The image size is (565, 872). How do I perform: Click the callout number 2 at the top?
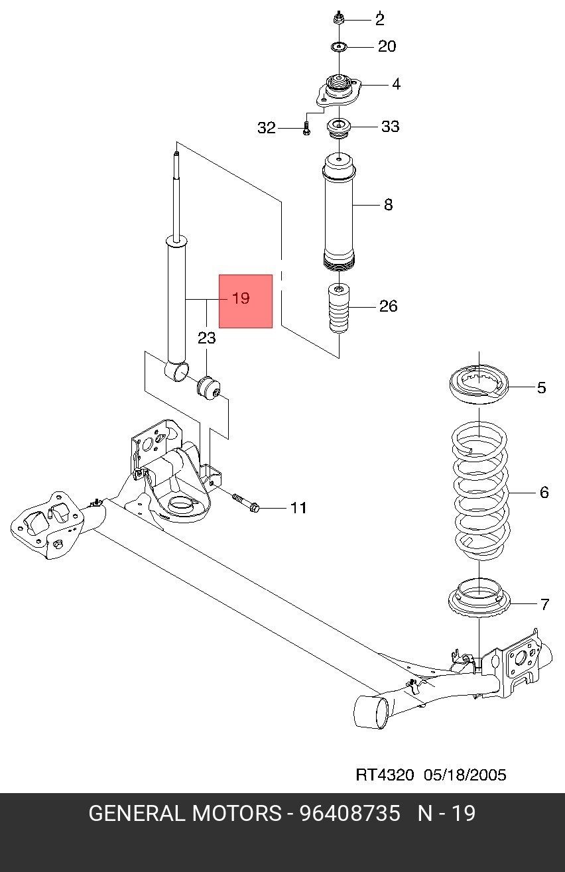tap(380, 19)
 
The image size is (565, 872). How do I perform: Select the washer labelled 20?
tap(339, 47)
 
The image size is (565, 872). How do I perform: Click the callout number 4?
tap(396, 84)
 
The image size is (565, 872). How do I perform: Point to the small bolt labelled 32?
tap(306, 129)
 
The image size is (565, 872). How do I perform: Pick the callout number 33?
tap(390, 126)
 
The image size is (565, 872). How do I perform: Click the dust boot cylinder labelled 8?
tap(339, 212)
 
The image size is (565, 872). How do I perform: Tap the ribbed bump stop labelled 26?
tap(339, 309)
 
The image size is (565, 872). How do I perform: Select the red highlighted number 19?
tap(241, 298)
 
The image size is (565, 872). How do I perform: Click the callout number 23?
tap(206, 338)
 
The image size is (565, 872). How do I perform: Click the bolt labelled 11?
tap(245, 503)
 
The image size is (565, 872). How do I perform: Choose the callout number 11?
tap(298, 508)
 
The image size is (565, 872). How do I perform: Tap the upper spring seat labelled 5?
tap(479, 384)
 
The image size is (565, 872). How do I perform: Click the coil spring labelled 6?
tap(481, 491)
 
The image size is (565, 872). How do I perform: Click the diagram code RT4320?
tap(385, 775)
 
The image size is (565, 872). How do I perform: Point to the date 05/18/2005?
tap(465, 775)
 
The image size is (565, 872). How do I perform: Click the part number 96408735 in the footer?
tap(349, 813)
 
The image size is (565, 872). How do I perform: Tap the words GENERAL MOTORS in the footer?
tap(185, 813)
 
